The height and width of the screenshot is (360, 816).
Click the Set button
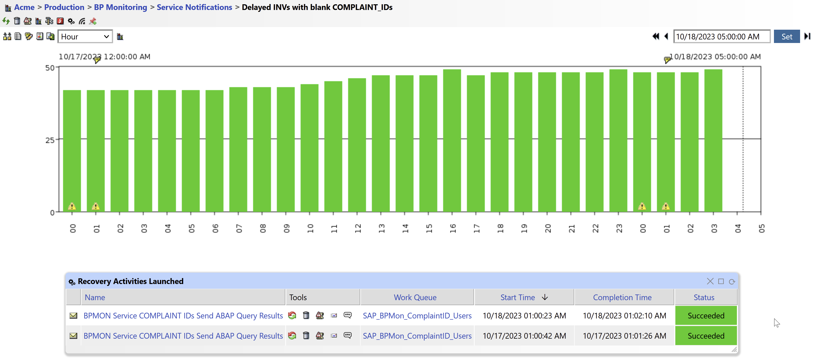tap(786, 37)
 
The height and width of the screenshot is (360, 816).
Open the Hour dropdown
tap(85, 37)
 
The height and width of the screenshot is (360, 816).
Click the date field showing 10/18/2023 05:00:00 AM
tap(721, 37)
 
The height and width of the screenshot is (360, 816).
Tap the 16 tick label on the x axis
tap(452, 228)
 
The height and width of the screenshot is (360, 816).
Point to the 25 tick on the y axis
tap(50, 140)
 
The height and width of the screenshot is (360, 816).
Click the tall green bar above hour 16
tap(452, 139)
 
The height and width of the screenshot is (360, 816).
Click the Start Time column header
tap(517, 297)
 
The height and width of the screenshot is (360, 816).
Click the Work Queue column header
tap(415, 297)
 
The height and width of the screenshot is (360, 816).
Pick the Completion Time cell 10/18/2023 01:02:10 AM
tap(624, 316)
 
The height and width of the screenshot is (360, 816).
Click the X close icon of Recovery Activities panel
tap(710, 281)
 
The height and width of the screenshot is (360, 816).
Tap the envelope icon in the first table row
tap(73, 316)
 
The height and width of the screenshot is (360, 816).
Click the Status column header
tap(704, 297)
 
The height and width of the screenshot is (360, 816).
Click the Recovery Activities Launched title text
tap(130, 281)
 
